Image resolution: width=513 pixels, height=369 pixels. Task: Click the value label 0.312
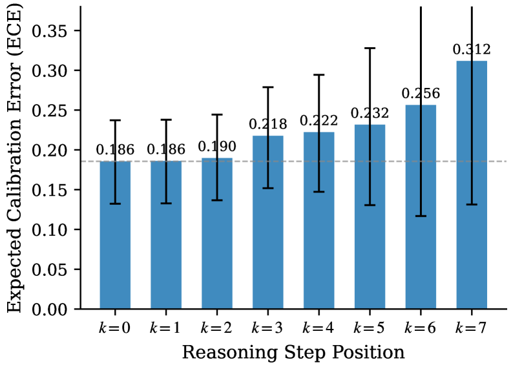pos(472,50)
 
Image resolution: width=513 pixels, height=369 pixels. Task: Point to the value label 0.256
pos(421,94)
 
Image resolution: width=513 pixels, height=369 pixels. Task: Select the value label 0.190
pos(216,147)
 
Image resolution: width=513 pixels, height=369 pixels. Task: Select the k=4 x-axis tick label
pos(319,328)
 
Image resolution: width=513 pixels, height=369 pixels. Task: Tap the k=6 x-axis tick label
pos(421,328)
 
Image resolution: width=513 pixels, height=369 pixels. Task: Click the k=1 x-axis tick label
pos(165,328)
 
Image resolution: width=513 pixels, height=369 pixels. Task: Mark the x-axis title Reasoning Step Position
pos(293,353)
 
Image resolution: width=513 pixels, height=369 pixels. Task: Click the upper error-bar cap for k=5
pos(370,48)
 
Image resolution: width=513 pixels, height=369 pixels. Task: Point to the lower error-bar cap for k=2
pos(216,200)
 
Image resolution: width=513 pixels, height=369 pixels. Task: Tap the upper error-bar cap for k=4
pos(319,75)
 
